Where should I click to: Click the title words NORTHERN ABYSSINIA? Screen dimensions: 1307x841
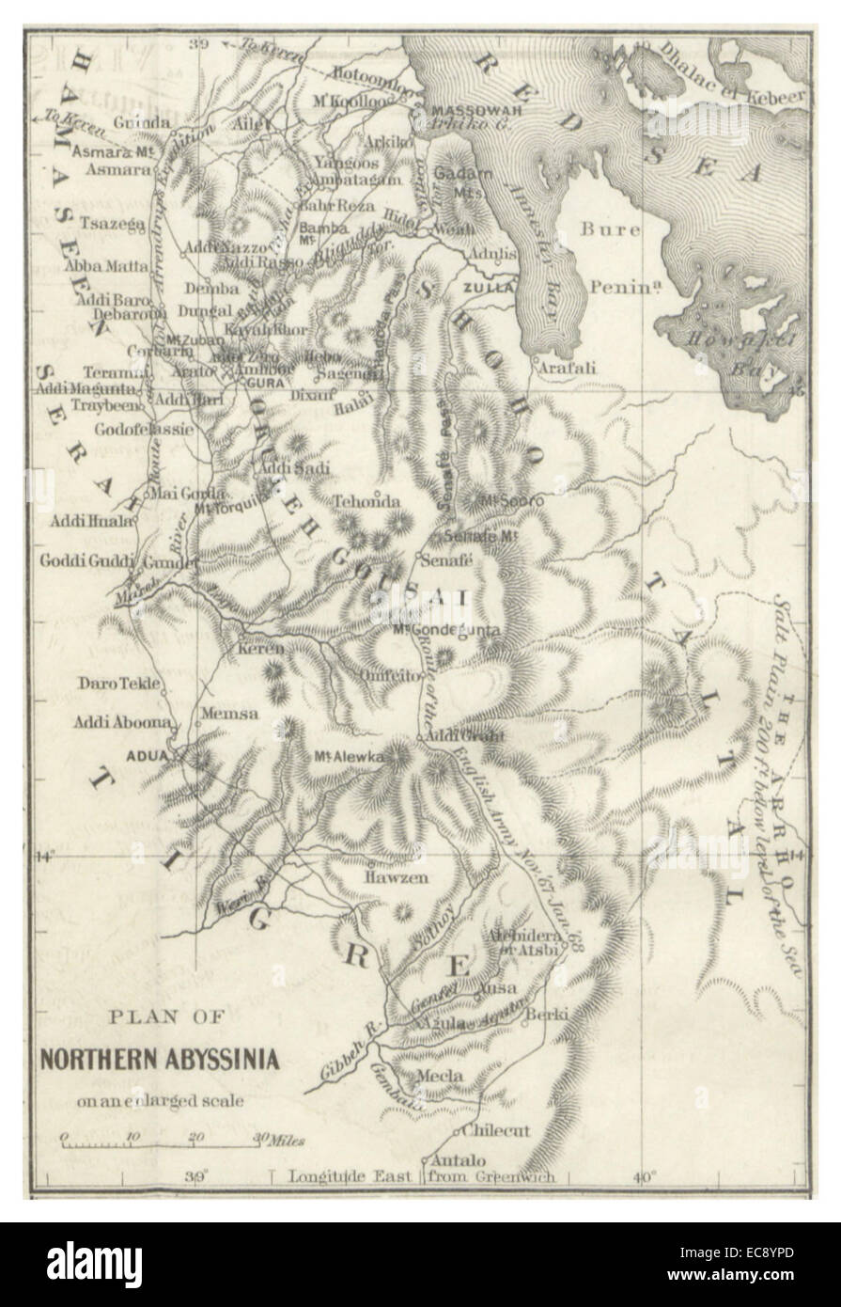159,1061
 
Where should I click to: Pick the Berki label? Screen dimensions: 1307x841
544,1014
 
